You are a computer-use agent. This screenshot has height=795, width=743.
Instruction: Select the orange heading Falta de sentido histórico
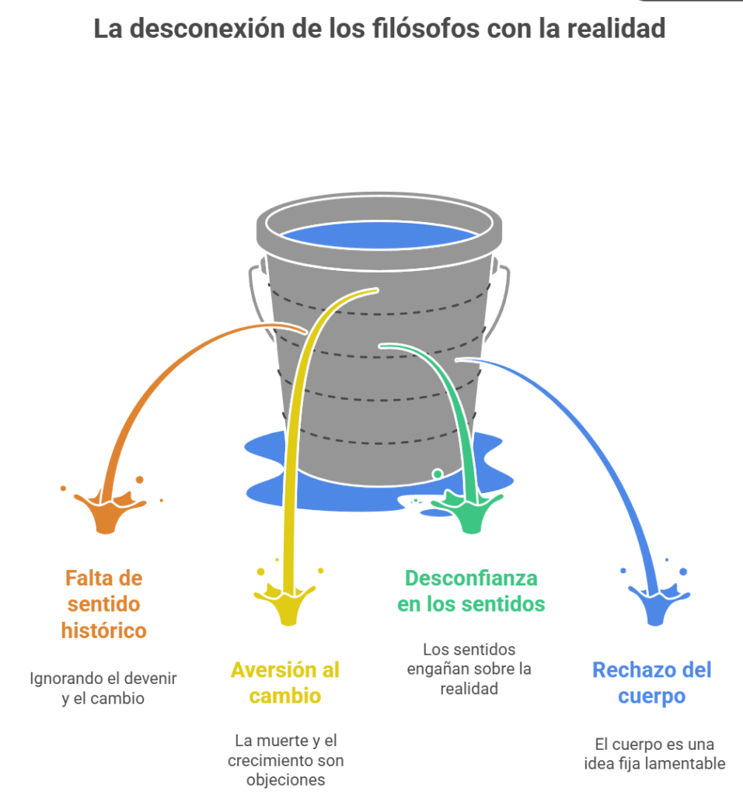tap(104, 604)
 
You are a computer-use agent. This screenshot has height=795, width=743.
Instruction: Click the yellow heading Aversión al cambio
tap(284, 682)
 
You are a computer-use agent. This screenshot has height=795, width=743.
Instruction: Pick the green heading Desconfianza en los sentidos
tap(471, 591)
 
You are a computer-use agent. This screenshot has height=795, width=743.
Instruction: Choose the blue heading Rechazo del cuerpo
tap(651, 682)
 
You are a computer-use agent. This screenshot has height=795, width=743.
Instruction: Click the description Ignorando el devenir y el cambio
tap(103, 688)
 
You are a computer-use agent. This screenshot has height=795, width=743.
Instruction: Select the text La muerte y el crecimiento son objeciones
tap(285, 760)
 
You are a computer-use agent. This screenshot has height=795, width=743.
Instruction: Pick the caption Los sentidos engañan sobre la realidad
tap(469, 668)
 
